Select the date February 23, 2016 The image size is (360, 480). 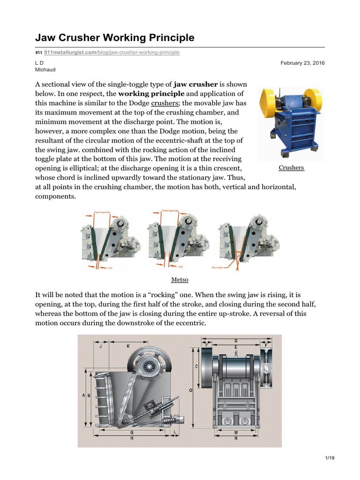click(x=303, y=63)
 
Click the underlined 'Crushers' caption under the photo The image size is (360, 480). click(x=291, y=167)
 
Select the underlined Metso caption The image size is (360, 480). click(x=180, y=280)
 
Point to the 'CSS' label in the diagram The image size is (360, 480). click(x=110, y=268)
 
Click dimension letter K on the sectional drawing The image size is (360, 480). click(x=128, y=345)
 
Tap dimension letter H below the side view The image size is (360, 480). click(x=132, y=437)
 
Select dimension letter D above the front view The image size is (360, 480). click(x=235, y=340)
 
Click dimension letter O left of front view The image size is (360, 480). click(x=190, y=390)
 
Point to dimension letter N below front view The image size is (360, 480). click(x=235, y=438)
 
